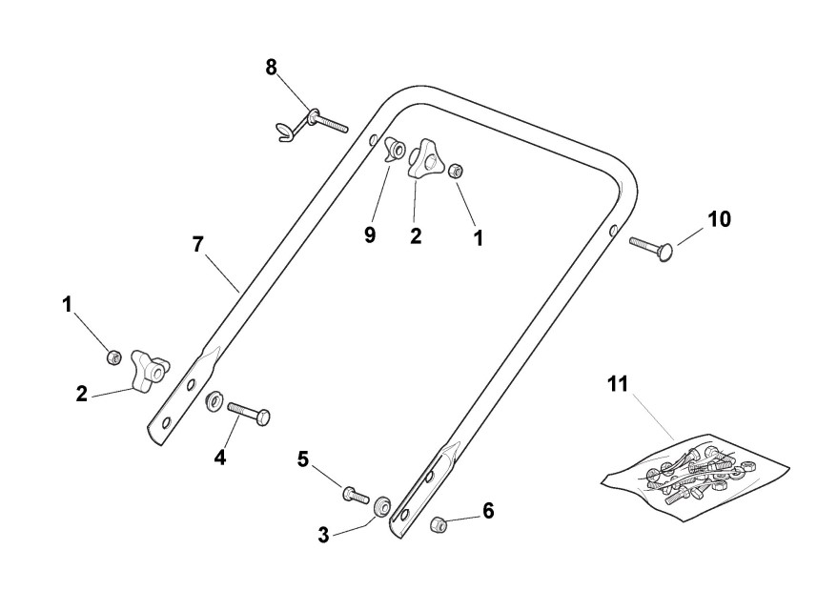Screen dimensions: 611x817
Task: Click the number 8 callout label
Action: point(272,67)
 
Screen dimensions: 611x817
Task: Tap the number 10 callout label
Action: point(719,219)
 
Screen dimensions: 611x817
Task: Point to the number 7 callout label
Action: point(197,244)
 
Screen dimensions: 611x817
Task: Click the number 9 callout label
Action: point(370,234)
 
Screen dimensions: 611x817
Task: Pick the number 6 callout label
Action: point(488,511)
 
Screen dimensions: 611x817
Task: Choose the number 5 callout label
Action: point(303,459)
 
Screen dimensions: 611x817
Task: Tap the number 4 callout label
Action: point(220,457)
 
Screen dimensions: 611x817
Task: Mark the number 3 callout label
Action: point(323,535)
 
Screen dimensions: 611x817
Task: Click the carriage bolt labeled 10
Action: point(652,246)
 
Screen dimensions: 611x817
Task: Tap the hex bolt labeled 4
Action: point(249,414)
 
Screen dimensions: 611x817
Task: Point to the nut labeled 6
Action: point(439,523)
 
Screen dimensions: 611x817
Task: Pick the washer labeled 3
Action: point(383,505)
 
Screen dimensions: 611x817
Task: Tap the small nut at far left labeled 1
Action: point(113,356)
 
